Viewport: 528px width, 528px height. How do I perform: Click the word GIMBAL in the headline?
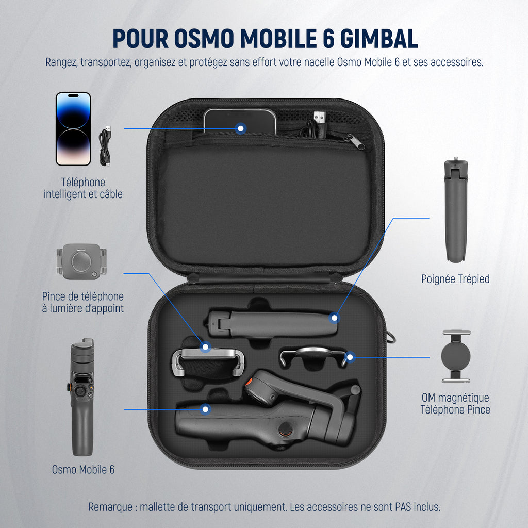379,38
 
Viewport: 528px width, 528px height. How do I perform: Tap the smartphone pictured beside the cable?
73,129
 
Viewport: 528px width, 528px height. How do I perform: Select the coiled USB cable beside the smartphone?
105,146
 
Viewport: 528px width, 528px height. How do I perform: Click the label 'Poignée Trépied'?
455,279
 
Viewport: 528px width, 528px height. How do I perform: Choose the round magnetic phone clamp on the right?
456,357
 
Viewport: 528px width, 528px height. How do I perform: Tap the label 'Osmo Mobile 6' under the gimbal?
83,469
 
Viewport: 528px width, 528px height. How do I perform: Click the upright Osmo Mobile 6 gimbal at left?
81,398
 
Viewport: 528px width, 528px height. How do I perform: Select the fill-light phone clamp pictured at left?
81,261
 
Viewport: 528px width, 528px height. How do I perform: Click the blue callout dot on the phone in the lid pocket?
240,128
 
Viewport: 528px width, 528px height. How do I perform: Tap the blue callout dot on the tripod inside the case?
334,318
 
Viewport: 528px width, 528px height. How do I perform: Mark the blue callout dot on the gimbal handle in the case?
205,409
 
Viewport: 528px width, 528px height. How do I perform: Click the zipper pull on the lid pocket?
355,141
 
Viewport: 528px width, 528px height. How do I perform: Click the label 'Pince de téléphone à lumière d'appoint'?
83,302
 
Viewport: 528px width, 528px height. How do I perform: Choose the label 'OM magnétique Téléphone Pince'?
455,404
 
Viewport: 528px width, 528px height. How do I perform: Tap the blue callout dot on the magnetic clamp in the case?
350,357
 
